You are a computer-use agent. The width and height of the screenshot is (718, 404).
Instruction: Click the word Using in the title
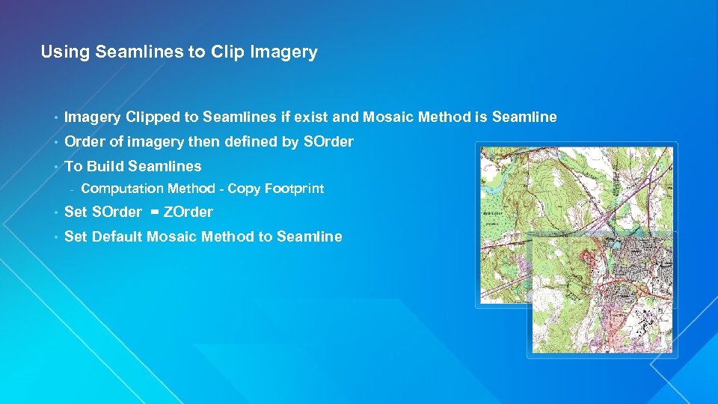pyautogui.click(x=63, y=52)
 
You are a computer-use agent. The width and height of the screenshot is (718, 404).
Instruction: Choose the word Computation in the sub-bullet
pyautogui.click(x=122, y=189)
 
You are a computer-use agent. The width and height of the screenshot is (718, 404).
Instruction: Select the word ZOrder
pyautogui.click(x=188, y=212)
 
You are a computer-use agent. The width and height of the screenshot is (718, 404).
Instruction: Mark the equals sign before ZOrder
pyautogui.click(x=154, y=212)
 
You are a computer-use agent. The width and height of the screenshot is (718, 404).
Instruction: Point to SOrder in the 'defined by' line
pyautogui.click(x=329, y=142)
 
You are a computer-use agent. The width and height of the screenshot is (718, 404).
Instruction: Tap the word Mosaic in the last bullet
pyautogui.click(x=170, y=237)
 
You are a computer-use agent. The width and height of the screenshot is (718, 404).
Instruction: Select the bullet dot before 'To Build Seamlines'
pyautogui.click(x=55, y=167)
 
